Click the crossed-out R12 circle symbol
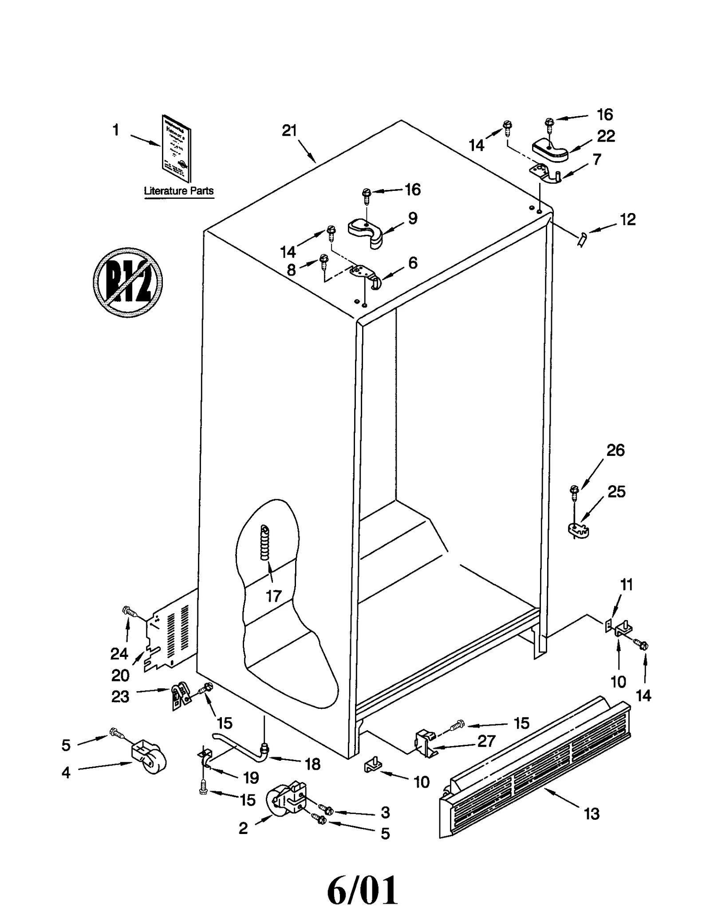pyautogui.click(x=128, y=282)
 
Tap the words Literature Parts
pyautogui.click(x=178, y=191)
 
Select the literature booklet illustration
pyautogui.click(x=177, y=149)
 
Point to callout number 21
pyautogui.click(x=289, y=130)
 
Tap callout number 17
pyautogui.click(x=274, y=596)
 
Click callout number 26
pyautogui.click(x=615, y=451)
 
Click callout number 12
pyautogui.click(x=627, y=219)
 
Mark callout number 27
pyautogui.click(x=486, y=741)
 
